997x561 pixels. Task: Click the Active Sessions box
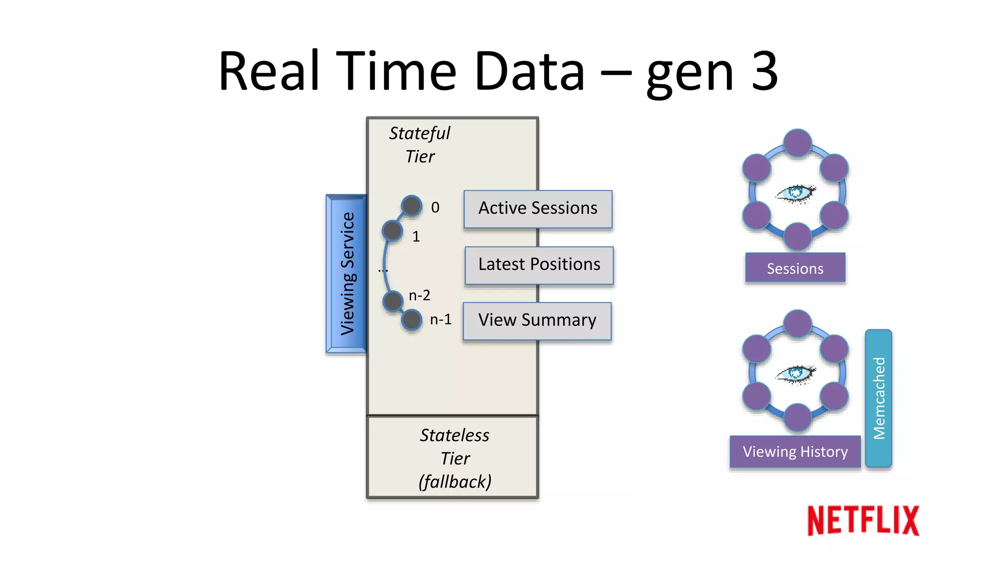tap(537, 208)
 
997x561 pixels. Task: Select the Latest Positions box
tap(539, 265)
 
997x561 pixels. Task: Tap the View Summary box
tap(537, 320)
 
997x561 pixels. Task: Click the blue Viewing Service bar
tap(347, 274)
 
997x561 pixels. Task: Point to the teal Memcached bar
tap(878, 398)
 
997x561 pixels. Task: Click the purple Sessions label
tap(795, 268)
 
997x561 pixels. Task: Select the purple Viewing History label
tap(795, 451)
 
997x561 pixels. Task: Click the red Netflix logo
tap(863, 521)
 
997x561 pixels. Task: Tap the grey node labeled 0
tap(411, 206)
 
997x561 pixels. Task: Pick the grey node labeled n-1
tap(412, 320)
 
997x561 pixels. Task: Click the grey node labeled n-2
tap(392, 301)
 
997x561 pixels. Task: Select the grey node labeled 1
tap(392, 231)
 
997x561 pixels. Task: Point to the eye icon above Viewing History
tap(795, 374)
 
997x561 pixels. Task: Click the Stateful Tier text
tap(420, 145)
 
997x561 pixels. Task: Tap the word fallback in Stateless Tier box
tap(455, 482)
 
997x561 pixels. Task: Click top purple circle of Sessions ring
tap(797, 143)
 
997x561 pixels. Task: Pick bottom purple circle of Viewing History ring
tap(797, 417)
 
